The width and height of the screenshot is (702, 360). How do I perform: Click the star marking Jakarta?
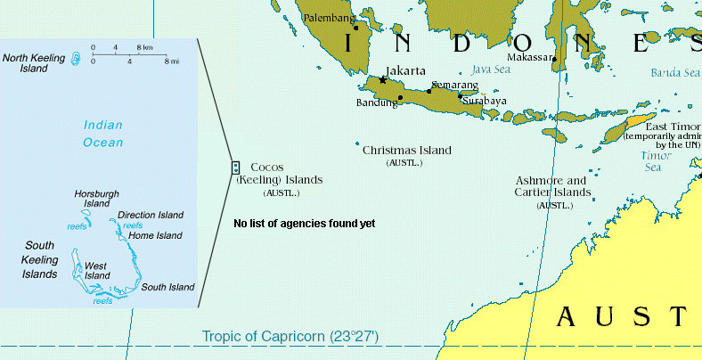[x=383, y=80]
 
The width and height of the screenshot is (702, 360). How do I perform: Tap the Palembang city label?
[x=329, y=17]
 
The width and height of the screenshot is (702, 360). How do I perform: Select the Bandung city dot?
[x=400, y=97]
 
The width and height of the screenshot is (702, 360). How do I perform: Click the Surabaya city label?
[x=485, y=101]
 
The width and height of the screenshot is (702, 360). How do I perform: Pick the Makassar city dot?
[x=554, y=60]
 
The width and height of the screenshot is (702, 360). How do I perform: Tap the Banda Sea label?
[x=675, y=73]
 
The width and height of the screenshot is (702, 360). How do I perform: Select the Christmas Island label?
[x=406, y=151]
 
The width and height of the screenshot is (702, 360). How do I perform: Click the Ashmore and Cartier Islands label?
[x=551, y=185]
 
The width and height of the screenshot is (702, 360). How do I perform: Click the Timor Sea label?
[x=657, y=160]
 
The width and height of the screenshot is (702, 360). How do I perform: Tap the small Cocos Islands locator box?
[x=235, y=167]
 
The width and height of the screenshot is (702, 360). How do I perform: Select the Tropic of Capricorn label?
[x=290, y=336]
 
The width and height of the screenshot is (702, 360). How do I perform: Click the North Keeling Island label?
[x=34, y=61]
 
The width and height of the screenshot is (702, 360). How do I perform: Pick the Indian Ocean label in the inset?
[x=103, y=134]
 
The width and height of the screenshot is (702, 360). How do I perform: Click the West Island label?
[x=97, y=270]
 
